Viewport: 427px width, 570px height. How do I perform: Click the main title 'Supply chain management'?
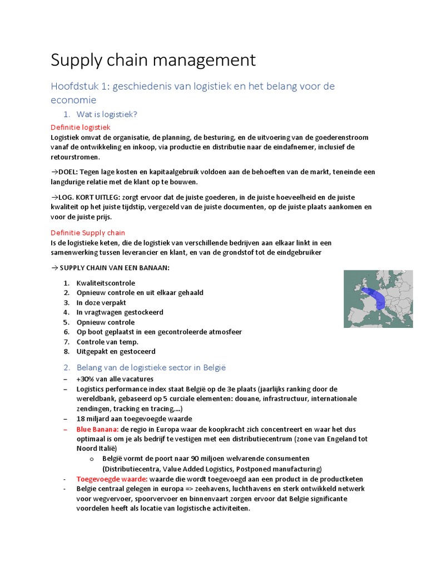click(153, 60)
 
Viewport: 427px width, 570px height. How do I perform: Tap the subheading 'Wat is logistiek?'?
click(107, 114)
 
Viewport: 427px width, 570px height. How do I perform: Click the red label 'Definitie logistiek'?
click(81, 127)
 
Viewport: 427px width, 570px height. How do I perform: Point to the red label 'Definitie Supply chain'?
click(88, 233)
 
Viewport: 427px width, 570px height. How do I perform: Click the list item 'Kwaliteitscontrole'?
click(106, 283)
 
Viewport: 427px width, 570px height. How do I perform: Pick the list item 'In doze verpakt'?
click(101, 302)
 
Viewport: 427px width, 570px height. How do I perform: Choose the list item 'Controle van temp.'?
click(107, 342)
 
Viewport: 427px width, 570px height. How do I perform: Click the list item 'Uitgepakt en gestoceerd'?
click(116, 352)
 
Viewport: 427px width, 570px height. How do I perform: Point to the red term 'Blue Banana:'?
click(97, 429)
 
